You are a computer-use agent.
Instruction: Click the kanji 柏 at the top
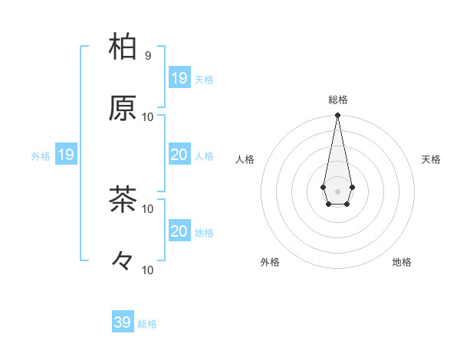coord(123,47)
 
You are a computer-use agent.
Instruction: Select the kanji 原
coord(123,108)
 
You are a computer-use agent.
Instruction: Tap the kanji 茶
coord(123,199)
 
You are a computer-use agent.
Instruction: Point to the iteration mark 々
coord(123,261)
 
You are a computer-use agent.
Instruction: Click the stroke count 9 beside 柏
coord(148,55)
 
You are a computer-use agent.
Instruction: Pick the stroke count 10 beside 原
coord(148,116)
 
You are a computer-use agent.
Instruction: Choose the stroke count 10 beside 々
coord(148,270)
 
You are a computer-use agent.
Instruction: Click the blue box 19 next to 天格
coord(179,78)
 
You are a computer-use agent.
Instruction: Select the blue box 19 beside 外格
coord(65,155)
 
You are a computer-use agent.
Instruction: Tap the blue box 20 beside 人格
coord(179,155)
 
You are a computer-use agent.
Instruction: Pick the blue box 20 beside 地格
coord(179,231)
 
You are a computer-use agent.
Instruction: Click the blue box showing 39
coord(122,322)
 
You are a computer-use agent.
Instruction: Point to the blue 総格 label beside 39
coord(147,324)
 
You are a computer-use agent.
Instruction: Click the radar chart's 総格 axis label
coord(337,100)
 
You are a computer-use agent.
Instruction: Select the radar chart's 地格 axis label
coord(402,262)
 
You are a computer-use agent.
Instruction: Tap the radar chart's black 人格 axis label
coord(245,159)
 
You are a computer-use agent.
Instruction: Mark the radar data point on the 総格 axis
coord(337,116)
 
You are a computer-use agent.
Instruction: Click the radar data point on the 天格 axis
coord(352,187)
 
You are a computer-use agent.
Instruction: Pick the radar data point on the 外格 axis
coord(328,204)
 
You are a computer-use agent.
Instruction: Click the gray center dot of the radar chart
coord(337,191)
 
